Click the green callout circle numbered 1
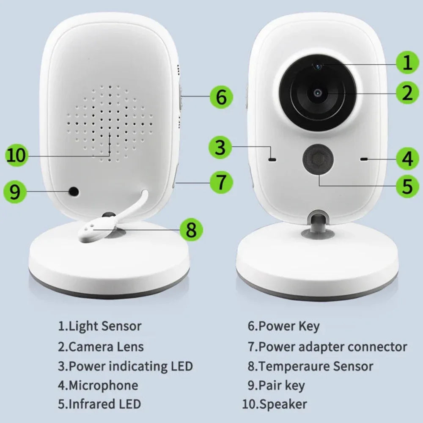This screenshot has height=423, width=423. tap(407, 63)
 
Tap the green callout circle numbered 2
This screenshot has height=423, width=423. tap(407, 93)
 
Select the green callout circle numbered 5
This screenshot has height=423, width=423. tap(407, 186)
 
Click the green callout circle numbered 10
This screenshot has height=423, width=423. tap(16, 155)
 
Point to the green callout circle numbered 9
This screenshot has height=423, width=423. tap(15, 192)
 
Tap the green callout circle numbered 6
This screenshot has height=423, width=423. tap(221, 97)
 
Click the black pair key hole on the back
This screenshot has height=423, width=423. tap(74, 192)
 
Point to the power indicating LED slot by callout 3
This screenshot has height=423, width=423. tap(272, 159)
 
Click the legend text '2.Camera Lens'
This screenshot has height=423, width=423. tap(101, 347)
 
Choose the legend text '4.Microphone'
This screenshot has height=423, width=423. tap(98, 385)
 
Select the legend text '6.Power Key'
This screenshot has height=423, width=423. tap(283, 326)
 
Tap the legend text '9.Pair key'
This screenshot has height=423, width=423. tap(276, 385)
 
